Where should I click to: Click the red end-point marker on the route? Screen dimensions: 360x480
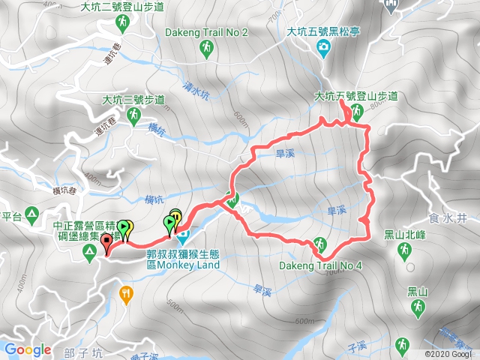tap(106, 243)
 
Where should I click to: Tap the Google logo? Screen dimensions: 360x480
tap(28, 349)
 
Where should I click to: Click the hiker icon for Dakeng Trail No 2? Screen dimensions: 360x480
tap(205, 49)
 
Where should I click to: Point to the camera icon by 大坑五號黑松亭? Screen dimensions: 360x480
tap(323, 49)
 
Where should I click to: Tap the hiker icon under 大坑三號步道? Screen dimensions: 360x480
tap(133, 116)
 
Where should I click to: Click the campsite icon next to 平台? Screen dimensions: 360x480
tap(32, 217)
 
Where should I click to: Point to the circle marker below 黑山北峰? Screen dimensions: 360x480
tap(408, 267)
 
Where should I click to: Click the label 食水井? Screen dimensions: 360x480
tap(452, 217)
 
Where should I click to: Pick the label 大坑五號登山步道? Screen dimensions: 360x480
tap(355, 97)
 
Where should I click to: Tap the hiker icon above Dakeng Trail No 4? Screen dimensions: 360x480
tap(319, 244)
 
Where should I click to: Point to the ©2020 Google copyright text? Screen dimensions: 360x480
tap(448, 353)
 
